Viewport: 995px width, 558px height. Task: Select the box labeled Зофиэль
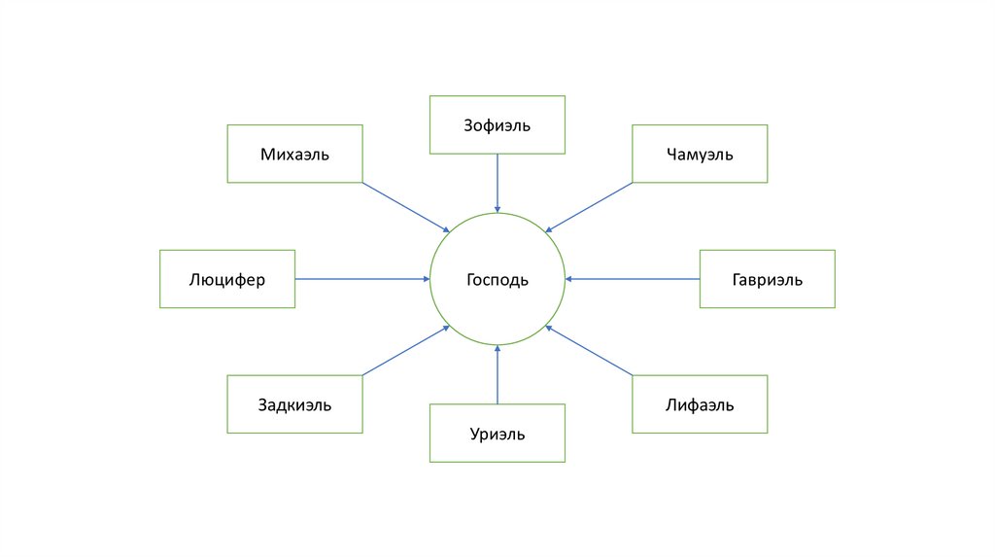[497, 124]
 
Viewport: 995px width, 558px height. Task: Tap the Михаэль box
[294, 154]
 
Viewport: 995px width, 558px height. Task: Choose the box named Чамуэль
[700, 154]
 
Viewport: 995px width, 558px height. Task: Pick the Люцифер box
[227, 279]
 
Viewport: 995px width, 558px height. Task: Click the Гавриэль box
[767, 279]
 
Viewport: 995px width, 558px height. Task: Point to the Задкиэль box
[294, 404]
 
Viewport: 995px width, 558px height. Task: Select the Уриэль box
[497, 434]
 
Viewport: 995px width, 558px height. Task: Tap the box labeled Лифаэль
[700, 404]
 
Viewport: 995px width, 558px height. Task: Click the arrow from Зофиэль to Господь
[497, 183]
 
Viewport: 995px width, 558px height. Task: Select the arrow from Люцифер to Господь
[362, 279]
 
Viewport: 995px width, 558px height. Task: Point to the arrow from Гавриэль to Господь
[633, 279]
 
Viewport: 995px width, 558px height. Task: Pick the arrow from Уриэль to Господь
[497, 374]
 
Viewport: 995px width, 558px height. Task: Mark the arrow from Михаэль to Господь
[406, 207]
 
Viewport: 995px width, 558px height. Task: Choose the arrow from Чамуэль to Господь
[589, 207]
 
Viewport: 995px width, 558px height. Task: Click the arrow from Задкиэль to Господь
[406, 350]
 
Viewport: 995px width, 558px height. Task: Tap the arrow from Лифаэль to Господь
[589, 350]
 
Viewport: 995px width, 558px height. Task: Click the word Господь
[497, 280]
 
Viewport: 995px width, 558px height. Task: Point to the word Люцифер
[227, 280]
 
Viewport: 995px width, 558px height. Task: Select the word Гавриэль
[767, 280]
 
